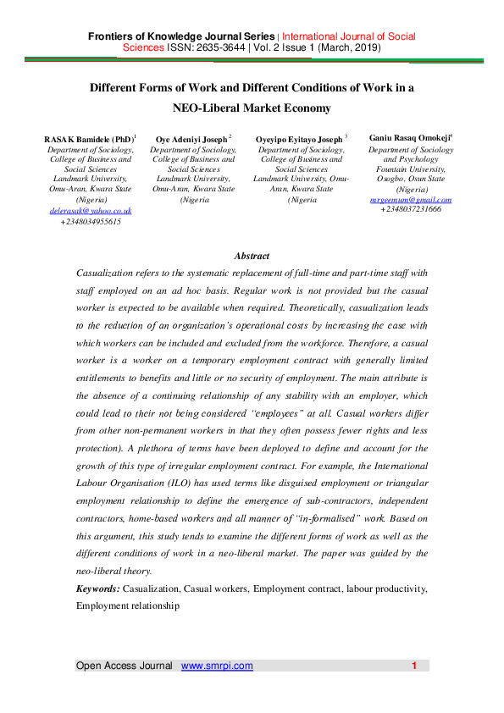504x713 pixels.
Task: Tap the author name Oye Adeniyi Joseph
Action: click(192, 137)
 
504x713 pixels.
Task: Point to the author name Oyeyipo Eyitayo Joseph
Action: click(301, 137)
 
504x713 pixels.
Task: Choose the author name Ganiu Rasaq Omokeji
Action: click(410, 136)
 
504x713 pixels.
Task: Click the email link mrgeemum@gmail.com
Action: click(411, 199)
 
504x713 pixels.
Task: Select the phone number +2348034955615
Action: click(90, 221)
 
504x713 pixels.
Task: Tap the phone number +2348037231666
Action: click(411, 209)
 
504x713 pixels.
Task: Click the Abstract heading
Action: click(252, 256)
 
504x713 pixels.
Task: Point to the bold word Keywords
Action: click(97, 587)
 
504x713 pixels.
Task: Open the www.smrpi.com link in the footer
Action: click(217, 666)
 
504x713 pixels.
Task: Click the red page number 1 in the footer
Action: click(414, 666)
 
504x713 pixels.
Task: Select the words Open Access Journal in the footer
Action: click(125, 666)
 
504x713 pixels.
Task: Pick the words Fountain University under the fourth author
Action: click(411, 169)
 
